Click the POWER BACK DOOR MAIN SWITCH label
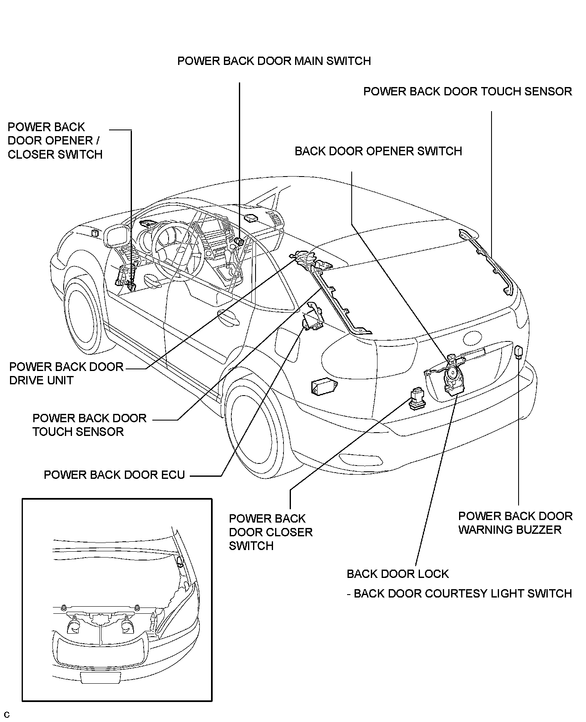point(274,61)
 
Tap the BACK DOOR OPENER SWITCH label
point(378,151)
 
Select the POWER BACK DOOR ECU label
point(114,475)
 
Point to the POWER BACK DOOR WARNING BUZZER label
point(515,523)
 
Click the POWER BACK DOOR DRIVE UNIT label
point(66,373)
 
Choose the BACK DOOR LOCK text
point(397,574)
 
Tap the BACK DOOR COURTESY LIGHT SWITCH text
point(462,593)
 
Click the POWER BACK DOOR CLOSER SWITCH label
point(271,532)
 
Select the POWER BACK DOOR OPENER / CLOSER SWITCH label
point(55,141)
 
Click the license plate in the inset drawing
point(100,677)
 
